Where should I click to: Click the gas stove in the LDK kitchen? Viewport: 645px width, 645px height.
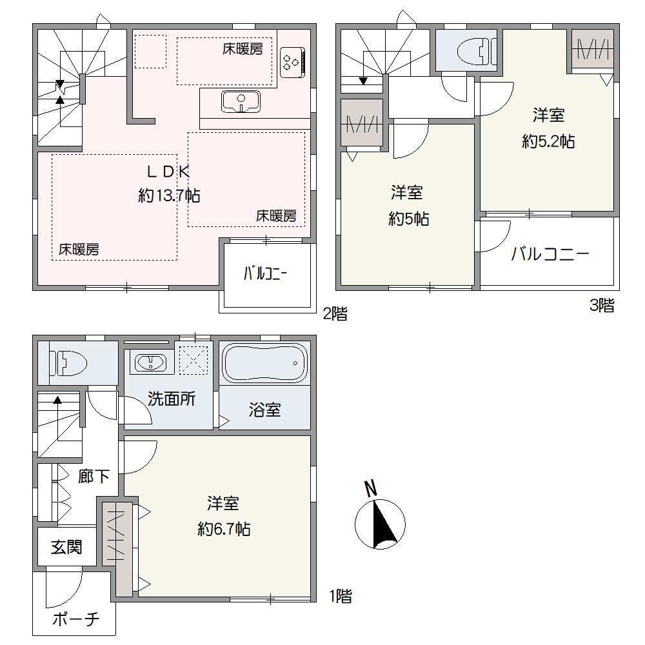(292, 63)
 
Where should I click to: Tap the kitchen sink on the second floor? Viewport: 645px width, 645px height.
(241, 102)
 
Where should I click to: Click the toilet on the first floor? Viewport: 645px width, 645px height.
(68, 363)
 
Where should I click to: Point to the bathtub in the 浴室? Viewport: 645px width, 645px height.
(264, 363)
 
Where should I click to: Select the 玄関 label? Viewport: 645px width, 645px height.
(66, 548)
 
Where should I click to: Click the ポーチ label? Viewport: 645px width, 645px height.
(76, 619)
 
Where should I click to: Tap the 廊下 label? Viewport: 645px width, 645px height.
(94, 477)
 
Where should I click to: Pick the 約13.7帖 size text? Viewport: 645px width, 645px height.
(169, 196)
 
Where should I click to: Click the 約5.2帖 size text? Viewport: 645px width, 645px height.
(548, 142)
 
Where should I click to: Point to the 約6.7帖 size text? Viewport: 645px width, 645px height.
(224, 529)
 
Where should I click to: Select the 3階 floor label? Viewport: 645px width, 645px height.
(602, 305)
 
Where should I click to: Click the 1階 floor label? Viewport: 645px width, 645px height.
(341, 596)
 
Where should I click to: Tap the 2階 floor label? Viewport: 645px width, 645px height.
(335, 314)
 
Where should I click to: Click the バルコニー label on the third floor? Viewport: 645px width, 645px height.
(550, 254)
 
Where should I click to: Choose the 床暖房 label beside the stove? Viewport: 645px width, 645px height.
(243, 49)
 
